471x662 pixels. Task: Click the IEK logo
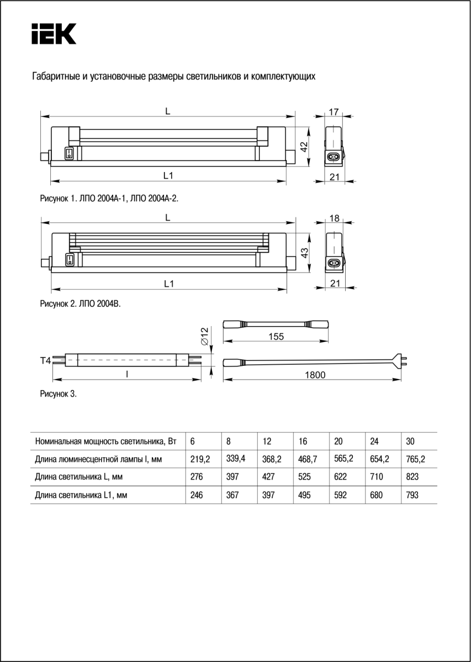point(54,34)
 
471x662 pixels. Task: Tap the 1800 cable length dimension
point(315,375)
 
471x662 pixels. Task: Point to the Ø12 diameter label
point(204,337)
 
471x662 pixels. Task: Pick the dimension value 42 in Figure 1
point(304,147)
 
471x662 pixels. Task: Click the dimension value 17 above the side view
point(334,112)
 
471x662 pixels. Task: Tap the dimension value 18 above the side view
point(334,218)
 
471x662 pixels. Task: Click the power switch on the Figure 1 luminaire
point(69,152)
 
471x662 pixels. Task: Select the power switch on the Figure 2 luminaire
point(69,258)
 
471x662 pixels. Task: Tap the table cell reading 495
point(304,495)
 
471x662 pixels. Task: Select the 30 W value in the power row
point(410,441)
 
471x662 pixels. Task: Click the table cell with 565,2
point(343,458)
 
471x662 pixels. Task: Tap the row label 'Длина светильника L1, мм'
point(81,495)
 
